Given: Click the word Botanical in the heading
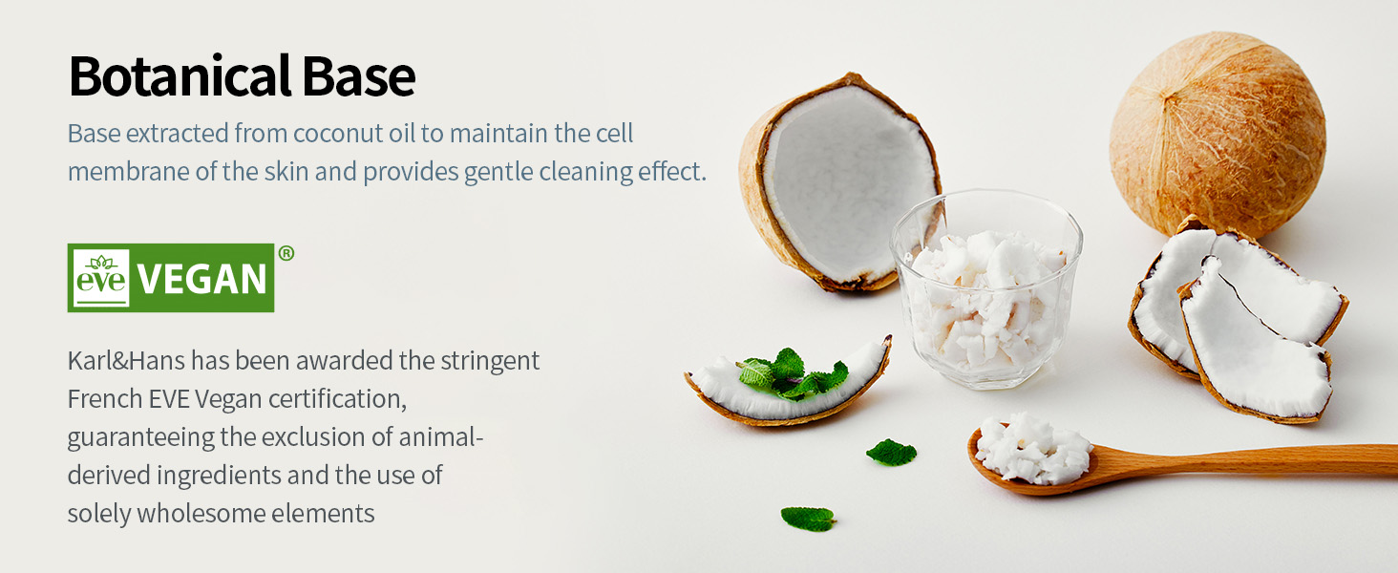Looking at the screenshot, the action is (180, 76).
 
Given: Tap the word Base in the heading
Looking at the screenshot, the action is (359, 76).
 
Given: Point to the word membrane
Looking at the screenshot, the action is (129, 171).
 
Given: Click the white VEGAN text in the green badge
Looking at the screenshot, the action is (201, 279).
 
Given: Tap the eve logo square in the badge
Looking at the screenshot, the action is (101, 278).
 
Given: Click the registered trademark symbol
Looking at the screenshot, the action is (286, 253).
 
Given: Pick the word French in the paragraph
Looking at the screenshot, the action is (104, 399).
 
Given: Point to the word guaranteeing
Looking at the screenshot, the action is (140, 438).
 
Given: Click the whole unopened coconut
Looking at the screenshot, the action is (1217, 135).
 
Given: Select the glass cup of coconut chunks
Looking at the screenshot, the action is (986, 289).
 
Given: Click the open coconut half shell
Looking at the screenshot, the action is (839, 182).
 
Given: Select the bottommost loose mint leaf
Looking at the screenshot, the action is (808, 518).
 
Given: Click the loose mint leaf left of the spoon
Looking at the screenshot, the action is (891, 452).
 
